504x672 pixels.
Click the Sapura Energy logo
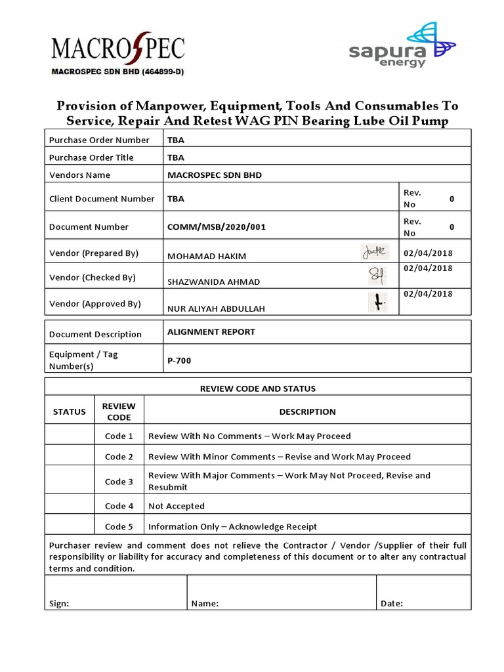402,45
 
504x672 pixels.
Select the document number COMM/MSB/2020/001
217,227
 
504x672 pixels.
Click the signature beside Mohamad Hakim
375,251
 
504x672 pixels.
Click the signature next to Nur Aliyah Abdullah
377,303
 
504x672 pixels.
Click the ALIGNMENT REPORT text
211,332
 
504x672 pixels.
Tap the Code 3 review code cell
119,482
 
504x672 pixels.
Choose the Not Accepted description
177,506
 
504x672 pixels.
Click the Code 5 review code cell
119,526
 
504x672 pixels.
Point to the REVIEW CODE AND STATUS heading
257,388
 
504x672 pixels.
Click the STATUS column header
69,412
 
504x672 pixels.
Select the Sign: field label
59,604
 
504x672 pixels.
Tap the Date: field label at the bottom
392,604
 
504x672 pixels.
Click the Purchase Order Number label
99,140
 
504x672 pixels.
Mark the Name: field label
205,604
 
